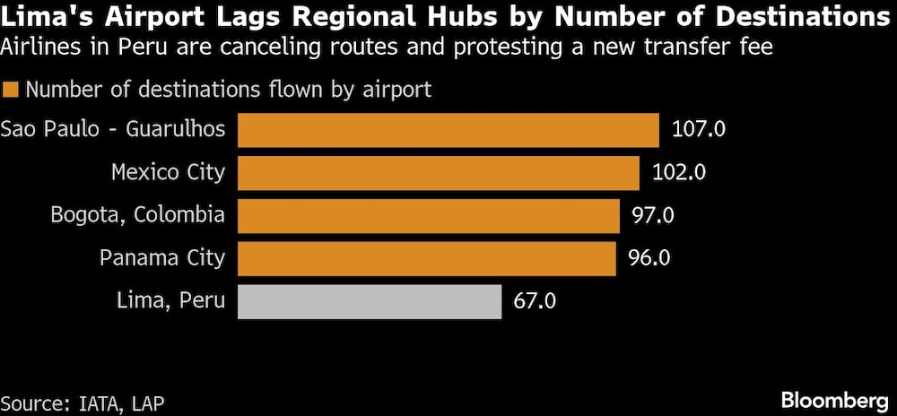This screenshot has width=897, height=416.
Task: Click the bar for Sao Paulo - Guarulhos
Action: [448, 129]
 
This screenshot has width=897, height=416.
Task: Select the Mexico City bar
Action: [438, 172]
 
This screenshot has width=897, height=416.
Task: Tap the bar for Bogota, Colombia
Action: [428, 215]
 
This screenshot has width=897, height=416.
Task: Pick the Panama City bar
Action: [426, 258]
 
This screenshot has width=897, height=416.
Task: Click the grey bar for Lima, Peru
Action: [369, 301]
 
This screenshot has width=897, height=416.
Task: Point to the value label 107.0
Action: [698, 129]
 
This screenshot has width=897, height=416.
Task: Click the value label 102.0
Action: [678, 172]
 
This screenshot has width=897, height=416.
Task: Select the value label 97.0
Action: [653, 215]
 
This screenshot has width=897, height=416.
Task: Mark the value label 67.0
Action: [535, 301]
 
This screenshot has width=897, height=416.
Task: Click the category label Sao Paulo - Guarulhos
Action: [113, 129]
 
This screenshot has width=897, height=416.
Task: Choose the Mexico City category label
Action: [168, 172]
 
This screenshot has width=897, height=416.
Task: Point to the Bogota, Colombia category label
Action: [137, 215]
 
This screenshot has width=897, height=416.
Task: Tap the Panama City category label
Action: [161, 258]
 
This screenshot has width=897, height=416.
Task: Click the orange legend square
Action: [11, 90]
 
